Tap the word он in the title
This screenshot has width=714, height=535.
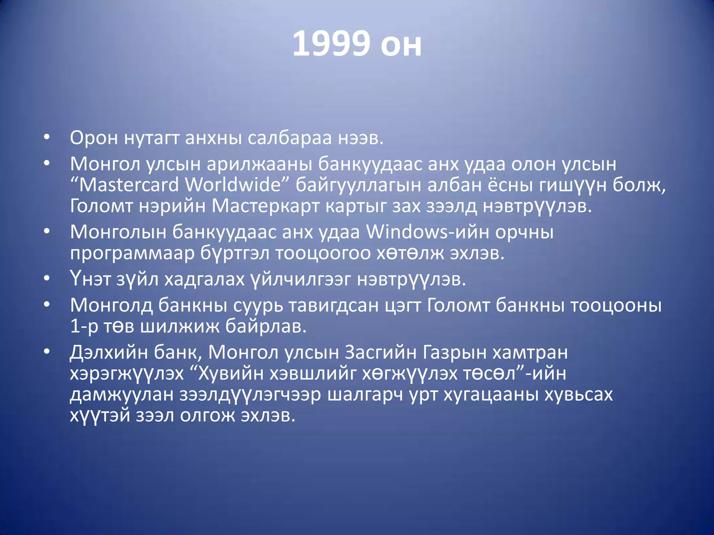pos(401,45)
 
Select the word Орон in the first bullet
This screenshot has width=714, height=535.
pos(94,138)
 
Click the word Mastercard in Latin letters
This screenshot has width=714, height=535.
pos(129,185)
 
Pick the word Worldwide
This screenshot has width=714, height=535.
pos(233,185)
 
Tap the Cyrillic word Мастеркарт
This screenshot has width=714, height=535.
pos(265,206)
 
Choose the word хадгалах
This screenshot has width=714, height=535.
pos(204,279)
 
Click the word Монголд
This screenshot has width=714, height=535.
pos(111,305)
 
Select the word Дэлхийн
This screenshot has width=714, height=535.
pos(109,352)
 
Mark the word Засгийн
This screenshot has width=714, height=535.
pos(380,352)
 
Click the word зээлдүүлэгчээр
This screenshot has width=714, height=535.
pos(250,395)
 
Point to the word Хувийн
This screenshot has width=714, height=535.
pos(230,374)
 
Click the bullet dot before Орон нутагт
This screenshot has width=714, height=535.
pos(47,137)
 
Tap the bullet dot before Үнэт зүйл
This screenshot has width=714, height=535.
pos(47,279)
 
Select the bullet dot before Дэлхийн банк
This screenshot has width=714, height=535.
pos(47,352)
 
